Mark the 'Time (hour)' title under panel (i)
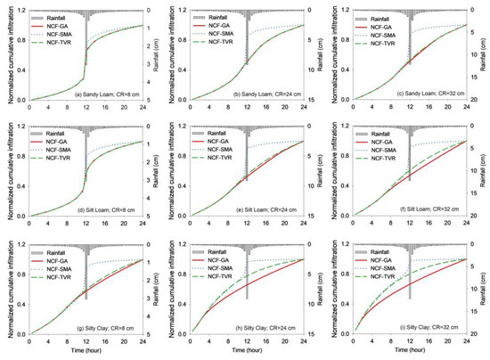[412, 352]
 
